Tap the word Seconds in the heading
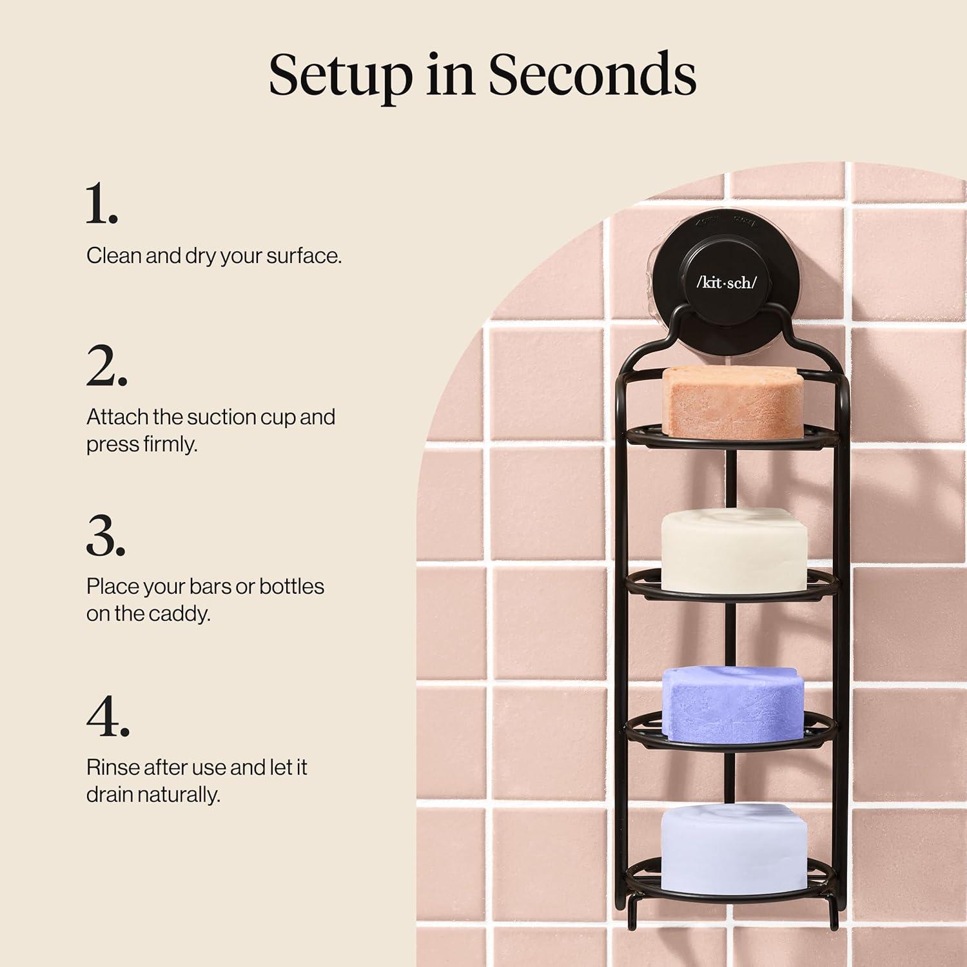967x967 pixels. pyautogui.click(x=592, y=73)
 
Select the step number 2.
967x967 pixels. pyautogui.click(x=106, y=366)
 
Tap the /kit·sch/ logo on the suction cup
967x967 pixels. pyautogui.click(x=727, y=282)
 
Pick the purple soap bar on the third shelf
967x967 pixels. pyautogui.click(x=734, y=705)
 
